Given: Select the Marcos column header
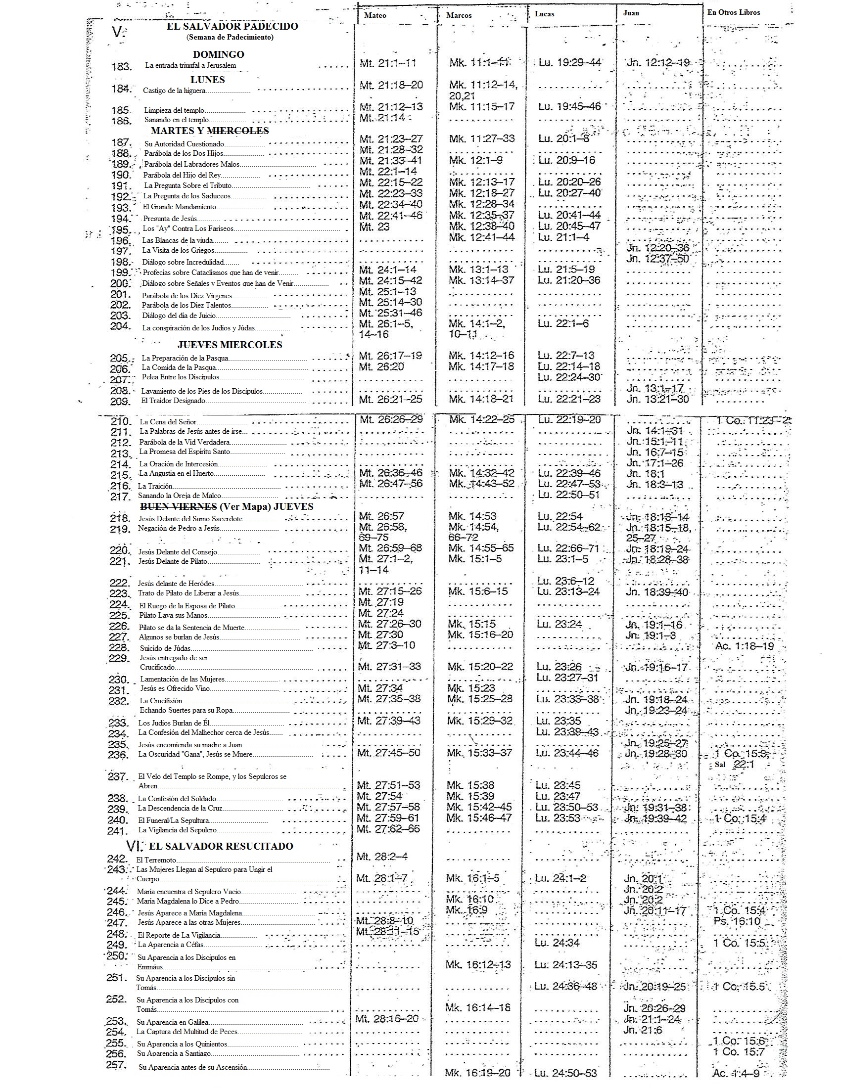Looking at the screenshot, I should click(459, 15).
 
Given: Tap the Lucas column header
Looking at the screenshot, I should click(544, 14).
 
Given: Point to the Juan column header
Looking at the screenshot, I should click(631, 13).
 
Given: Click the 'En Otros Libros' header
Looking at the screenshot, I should click(733, 12).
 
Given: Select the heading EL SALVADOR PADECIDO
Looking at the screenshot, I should click(232, 26).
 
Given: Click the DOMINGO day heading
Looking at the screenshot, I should click(218, 54).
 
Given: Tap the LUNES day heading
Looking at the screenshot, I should click(207, 80).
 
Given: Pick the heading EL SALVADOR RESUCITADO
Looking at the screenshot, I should click(221, 846).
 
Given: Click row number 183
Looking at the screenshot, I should click(121, 66).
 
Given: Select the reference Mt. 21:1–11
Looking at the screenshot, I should click(388, 63).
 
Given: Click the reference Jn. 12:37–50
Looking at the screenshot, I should click(657, 259).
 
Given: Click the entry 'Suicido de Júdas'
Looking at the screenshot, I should click(165, 649).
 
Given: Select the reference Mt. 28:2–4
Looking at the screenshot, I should click(381, 857).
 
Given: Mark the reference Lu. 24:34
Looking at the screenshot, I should click(557, 943).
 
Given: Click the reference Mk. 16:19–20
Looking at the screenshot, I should click(478, 1073).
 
